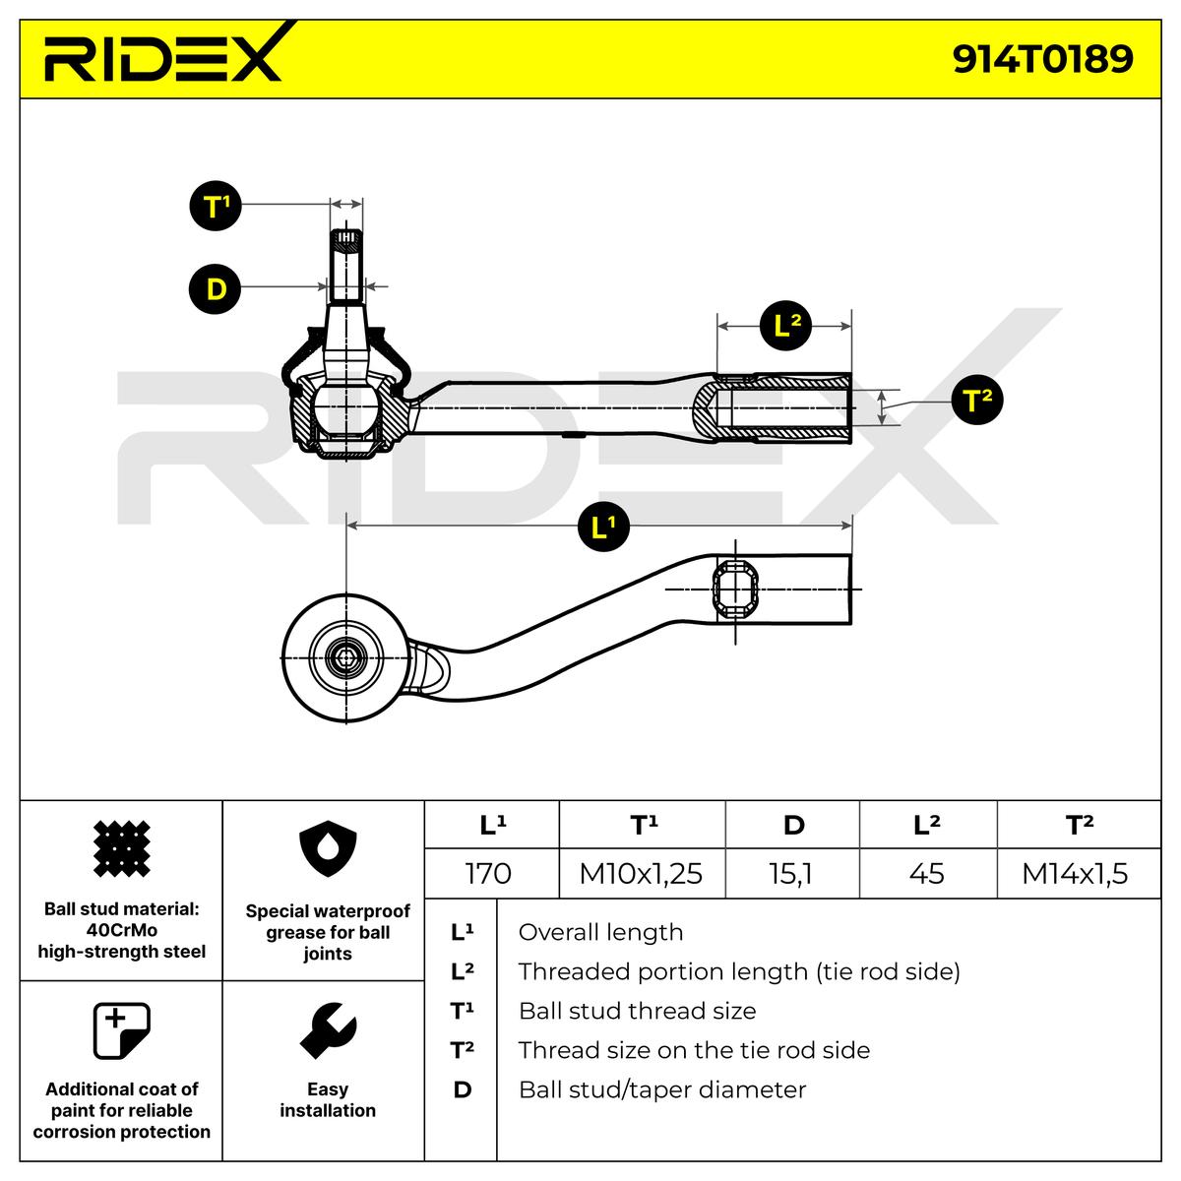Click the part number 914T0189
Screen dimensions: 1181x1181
[1042, 59]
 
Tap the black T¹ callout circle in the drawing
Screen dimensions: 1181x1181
[216, 206]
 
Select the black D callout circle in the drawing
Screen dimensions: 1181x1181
[216, 288]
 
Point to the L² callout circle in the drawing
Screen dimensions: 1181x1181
[785, 325]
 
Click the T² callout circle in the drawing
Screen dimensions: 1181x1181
[977, 401]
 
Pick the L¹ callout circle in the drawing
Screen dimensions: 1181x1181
[603, 526]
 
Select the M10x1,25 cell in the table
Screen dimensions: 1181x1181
[641, 873]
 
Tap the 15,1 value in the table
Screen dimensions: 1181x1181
[790, 873]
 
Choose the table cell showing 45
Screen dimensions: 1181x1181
[927, 873]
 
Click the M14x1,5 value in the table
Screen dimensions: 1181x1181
[1075, 873]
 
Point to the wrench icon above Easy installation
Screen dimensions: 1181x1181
[328, 1031]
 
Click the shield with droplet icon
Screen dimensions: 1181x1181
[328, 848]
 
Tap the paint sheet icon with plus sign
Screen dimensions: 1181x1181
[121, 1030]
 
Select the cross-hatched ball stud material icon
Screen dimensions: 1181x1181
[121, 848]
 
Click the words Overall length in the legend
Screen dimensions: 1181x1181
[600, 932]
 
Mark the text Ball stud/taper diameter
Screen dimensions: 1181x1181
[662, 1089]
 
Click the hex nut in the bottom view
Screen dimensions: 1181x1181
[345, 658]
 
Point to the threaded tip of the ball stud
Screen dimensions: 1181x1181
[345, 239]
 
